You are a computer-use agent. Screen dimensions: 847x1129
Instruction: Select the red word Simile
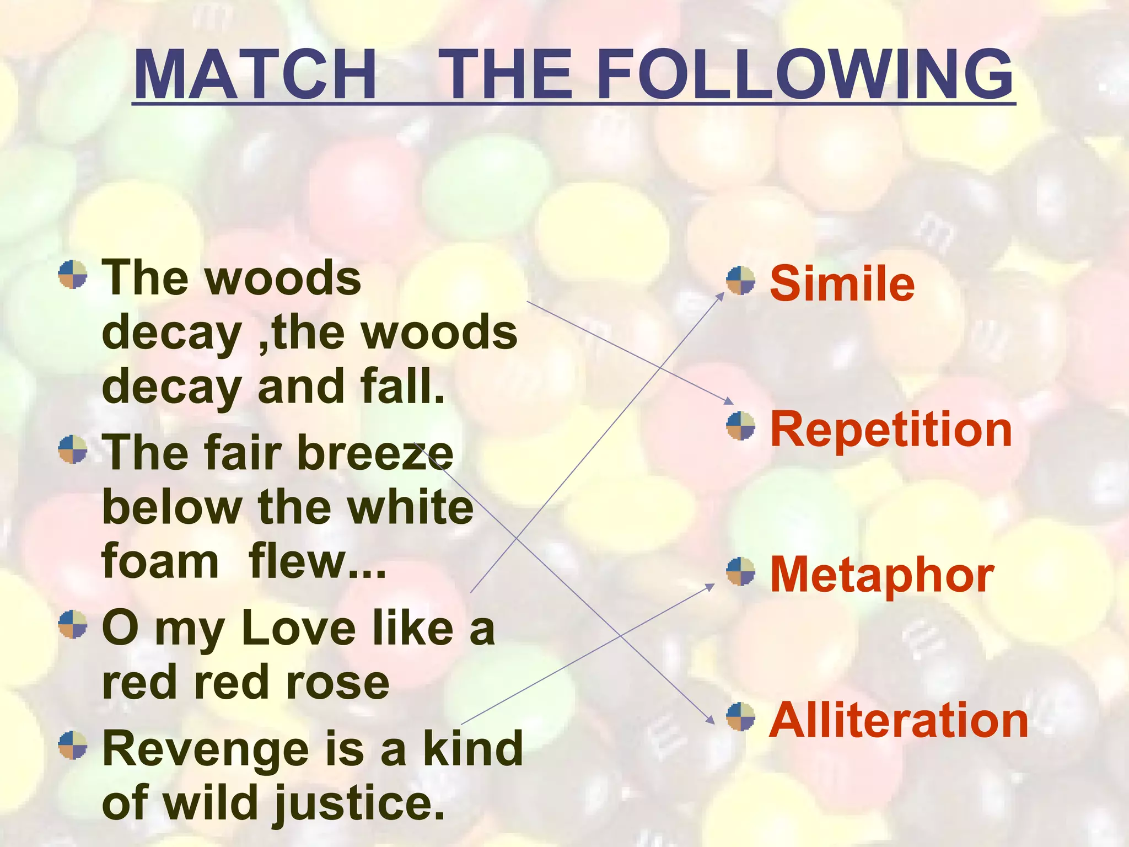pos(842,283)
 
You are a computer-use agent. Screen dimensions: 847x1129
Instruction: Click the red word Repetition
pos(891,430)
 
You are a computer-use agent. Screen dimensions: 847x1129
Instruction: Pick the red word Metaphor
pos(881,575)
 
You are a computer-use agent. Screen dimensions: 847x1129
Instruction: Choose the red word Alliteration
pos(899,720)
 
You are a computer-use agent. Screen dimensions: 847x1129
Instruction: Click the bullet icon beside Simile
pos(740,281)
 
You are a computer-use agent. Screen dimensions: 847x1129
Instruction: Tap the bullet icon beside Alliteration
pos(740,716)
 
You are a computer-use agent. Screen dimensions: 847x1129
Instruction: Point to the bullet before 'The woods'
pos(73,275)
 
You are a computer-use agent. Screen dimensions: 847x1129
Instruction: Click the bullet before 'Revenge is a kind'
pos(73,745)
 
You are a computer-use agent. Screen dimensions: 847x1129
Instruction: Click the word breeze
pos(375,453)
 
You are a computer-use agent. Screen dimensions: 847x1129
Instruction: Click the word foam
pos(160,561)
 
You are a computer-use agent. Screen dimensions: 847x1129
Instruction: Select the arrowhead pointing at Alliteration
pos(711,720)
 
